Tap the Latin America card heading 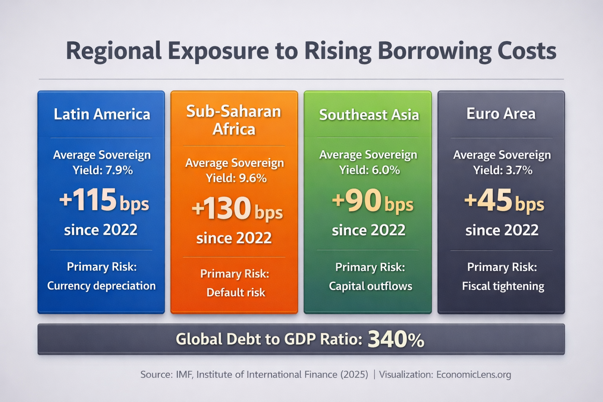pos(102,114)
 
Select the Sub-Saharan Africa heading pos(234,120)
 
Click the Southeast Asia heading pos(369,115)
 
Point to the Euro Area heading pos(501,114)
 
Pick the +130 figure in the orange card pos(221,208)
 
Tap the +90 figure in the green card pos(357,201)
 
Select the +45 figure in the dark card pos(488,201)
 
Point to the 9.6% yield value pos(253,179)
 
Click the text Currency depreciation pos(101,286)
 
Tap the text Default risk pos(236,292)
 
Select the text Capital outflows pos(370,286)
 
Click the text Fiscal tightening pos(503,286)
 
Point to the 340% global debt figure pos(396,340)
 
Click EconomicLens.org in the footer pos(473,375)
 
